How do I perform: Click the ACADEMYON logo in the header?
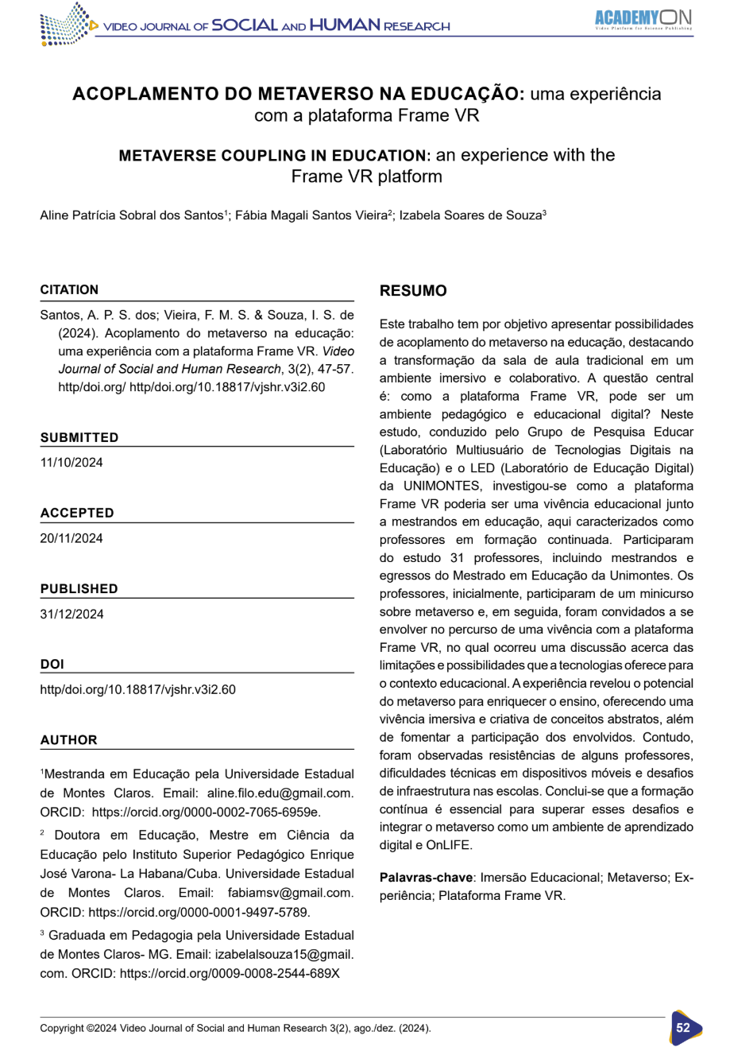pyautogui.click(x=643, y=18)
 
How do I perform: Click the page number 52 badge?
pyautogui.click(x=683, y=1027)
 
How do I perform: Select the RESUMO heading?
pyautogui.click(x=413, y=291)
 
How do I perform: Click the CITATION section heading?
pyautogui.click(x=70, y=289)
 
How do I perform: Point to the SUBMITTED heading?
pyautogui.click(x=79, y=437)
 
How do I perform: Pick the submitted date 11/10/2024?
pyautogui.click(x=71, y=463)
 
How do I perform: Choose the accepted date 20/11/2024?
pyautogui.click(x=71, y=538)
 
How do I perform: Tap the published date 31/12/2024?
pyautogui.click(x=71, y=614)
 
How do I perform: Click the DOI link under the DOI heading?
pyautogui.click(x=137, y=689)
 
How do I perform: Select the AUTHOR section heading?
pyautogui.click(x=69, y=739)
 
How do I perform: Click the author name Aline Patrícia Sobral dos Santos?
pyautogui.click(x=132, y=215)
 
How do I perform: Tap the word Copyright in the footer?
pyautogui.click(x=62, y=1028)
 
